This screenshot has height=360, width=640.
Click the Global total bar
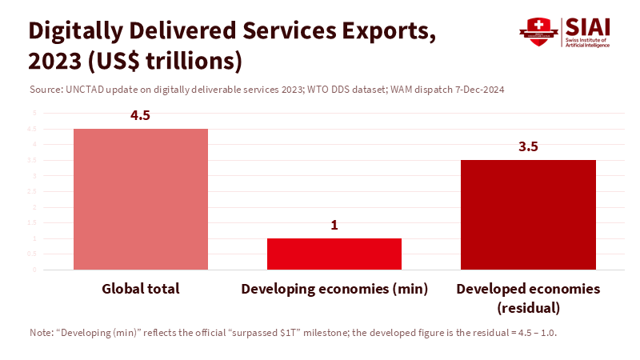(141, 199)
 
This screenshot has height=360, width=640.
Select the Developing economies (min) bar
(334, 254)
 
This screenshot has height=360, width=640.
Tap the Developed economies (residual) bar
(528, 214)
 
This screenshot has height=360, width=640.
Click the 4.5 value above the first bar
(141, 115)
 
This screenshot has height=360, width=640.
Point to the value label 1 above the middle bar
(334, 225)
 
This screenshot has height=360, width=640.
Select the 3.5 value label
(528, 146)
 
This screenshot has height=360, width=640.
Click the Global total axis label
(141, 289)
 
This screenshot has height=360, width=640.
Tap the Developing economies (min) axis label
(334, 289)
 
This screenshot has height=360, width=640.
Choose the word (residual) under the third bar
(528, 307)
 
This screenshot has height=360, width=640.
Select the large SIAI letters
(589, 26)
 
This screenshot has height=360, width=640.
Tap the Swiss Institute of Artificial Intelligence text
(589, 43)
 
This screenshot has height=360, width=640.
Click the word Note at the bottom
(40, 332)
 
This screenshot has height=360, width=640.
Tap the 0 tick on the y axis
(34, 270)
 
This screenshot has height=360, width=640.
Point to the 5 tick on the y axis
(34, 113)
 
